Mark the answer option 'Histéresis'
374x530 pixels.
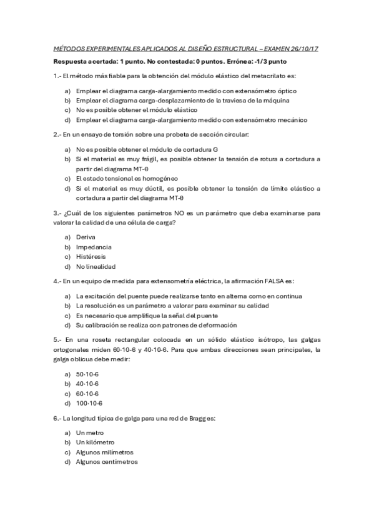pos(91,256)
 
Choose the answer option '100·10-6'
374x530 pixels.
pos(89,403)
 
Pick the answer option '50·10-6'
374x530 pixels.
pos(87,374)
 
